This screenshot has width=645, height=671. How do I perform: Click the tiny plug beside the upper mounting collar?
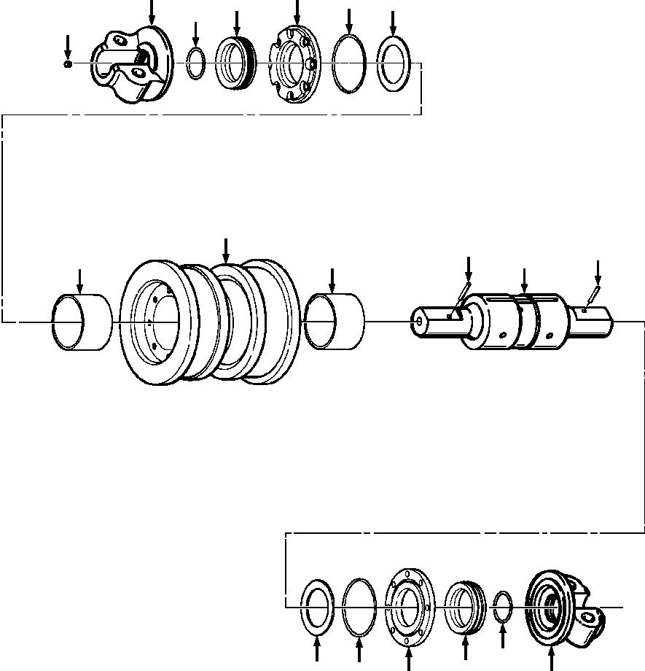point(68,64)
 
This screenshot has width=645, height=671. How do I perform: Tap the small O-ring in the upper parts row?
point(195,63)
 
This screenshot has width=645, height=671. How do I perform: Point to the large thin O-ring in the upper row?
point(349,63)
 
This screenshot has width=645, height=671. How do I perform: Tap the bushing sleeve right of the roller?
point(335,320)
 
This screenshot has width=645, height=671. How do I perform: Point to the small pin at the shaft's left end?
point(462,291)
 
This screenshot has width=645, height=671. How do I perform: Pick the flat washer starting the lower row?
point(317,605)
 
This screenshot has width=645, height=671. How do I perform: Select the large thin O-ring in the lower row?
point(359,605)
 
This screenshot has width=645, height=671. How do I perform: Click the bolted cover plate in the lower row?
point(408,605)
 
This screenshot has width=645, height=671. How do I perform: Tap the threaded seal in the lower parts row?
point(465,605)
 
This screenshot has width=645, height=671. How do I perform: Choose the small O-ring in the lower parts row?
point(503,605)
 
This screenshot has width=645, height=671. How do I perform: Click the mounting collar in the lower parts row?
point(561,605)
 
